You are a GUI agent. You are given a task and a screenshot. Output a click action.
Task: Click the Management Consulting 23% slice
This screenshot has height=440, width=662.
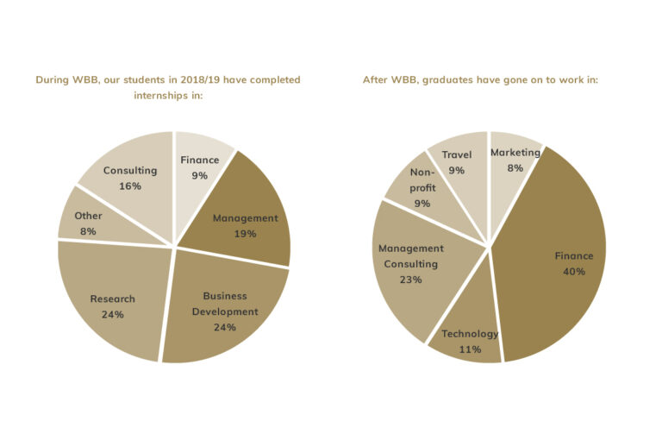[412, 263]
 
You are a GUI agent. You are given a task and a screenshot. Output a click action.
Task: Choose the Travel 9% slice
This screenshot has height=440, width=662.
[457, 164]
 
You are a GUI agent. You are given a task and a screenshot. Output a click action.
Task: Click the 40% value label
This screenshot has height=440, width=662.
[573, 272]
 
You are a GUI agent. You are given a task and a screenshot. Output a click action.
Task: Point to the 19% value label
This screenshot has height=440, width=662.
[245, 234]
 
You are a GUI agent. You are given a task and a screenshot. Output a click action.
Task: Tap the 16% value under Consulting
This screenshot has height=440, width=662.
[129, 186]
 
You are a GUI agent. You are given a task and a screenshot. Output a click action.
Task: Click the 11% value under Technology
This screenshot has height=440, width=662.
[470, 349]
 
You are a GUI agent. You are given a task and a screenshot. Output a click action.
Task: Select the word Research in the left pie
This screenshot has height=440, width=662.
[112, 299]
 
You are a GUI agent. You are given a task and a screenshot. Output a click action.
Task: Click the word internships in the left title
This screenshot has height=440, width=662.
[161, 96]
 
